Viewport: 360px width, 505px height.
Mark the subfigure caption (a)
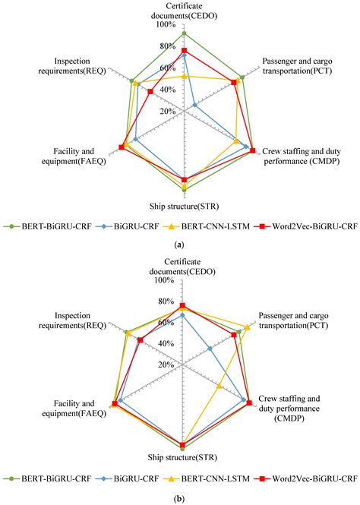tap(179, 245)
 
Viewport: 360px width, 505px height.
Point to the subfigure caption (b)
tap(179, 498)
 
